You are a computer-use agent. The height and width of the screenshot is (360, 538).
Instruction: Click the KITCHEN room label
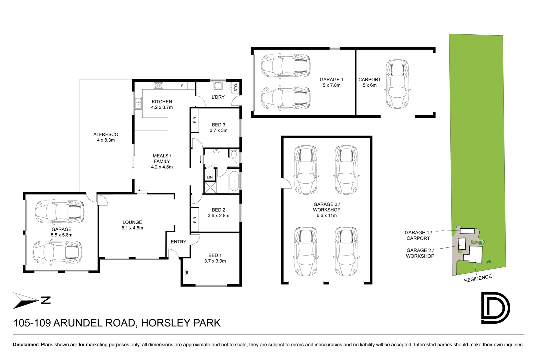(x=162, y=102)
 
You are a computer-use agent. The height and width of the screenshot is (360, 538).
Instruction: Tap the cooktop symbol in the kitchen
(x=158, y=85)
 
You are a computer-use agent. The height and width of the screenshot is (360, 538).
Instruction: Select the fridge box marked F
(x=182, y=86)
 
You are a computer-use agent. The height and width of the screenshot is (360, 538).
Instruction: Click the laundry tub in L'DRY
(x=218, y=86)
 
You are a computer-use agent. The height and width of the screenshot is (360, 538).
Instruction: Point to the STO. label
(x=236, y=88)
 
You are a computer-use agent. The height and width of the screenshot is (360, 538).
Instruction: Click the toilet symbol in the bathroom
(x=234, y=154)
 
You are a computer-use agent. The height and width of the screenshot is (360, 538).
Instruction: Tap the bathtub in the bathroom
(x=234, y=181)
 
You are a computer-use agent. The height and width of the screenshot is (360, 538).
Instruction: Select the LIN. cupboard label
(x=210, y=177)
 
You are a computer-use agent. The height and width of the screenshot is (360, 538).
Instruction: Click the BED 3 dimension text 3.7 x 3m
(x=219, y=130)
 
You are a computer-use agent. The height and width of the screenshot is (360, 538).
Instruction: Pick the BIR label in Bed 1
(x=187, y=272)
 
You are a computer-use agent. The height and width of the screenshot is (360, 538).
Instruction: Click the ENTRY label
(x=179, y=242)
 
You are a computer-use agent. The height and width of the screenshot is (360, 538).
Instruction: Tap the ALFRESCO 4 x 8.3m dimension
(x=106, y=140)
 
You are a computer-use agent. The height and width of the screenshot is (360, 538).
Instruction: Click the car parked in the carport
(x=397, y=84)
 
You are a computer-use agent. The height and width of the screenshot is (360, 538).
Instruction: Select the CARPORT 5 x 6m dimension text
(x=369, y=85)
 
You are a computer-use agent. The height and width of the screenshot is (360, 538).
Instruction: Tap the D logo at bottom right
(x=495, y=308)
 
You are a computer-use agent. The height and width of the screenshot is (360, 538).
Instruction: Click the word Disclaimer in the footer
(x=26, y=345)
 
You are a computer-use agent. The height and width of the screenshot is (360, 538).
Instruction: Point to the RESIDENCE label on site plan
(x=478, y=278)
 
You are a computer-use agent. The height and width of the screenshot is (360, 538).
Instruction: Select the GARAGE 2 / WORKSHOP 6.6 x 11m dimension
(x=326, y=215)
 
